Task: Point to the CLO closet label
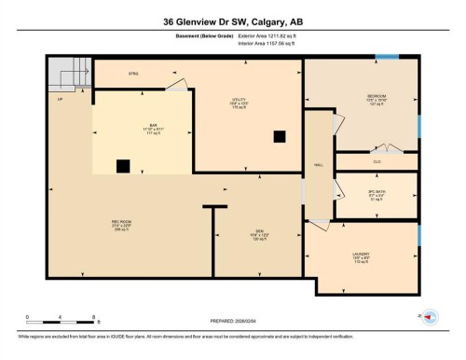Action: pos(377,162)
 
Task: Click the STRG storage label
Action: pos(133,72)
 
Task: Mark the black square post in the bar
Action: pos(122,167)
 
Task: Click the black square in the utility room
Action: pos(279,136)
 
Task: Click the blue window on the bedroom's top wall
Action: pos(385,58)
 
